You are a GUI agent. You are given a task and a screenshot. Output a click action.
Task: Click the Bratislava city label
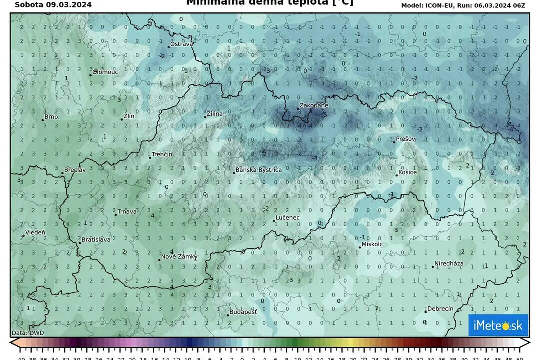(96, 240)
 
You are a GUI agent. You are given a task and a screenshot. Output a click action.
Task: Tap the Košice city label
(408, 173)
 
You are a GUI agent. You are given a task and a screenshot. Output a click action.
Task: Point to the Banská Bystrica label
(259, 170)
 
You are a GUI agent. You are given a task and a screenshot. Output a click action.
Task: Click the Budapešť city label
(243, 312)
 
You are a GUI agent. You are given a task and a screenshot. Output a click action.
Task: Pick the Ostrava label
(182, 44)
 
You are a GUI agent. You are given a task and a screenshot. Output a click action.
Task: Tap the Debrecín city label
(441, 309)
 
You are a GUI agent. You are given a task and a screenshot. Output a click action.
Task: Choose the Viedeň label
(35, 233)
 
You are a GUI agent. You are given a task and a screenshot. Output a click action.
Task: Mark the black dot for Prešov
(394, 142)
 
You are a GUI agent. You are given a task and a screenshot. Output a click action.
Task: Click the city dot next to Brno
(43, 120)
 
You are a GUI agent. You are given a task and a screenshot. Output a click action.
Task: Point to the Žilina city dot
(205, 116)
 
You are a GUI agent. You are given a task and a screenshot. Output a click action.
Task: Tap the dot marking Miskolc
(359, 247)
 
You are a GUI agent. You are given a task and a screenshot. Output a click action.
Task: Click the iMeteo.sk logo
(498, 326)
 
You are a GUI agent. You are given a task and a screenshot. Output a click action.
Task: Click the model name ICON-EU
(439, 5)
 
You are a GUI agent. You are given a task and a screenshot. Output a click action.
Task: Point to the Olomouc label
(106, 72)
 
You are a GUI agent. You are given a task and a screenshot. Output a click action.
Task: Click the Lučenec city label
(289, 218)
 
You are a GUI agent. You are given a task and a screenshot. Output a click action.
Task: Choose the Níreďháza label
(450, 263)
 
